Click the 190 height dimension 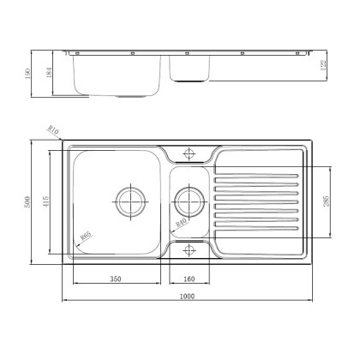28,73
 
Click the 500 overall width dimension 28,203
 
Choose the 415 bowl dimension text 50,203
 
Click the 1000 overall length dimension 188,297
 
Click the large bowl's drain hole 131,201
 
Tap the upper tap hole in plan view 189,155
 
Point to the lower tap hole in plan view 189,249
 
